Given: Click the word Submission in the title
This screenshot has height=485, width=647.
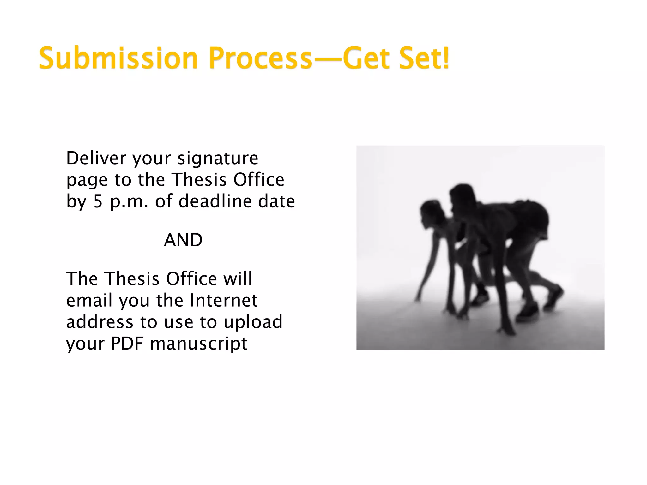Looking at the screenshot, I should pyautogui.click(x=118, y=58).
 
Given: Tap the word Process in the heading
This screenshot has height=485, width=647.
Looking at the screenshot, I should pyautogui.click(x=260, y=58).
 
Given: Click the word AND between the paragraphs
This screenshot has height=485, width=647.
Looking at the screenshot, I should pyautogui.click(x=183, y=240).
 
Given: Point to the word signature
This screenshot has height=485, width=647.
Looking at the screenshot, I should pyautogui.click(x=218, y=158).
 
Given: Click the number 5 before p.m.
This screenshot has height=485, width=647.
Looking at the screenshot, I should pyautogui.click(x=98, y=201).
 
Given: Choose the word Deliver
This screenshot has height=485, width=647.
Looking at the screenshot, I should pyautogui.click(x=96, y=158).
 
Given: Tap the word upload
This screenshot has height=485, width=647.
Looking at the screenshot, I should pyautogui.click(x=253, y=322).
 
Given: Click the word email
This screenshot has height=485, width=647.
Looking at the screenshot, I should pyautogui.click(x=89, y=300).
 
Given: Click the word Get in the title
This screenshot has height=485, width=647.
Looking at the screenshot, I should pyautogui.click(x=366, y=58).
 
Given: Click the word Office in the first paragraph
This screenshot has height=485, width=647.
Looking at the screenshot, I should pyautogui.click(x=259, y=180).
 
